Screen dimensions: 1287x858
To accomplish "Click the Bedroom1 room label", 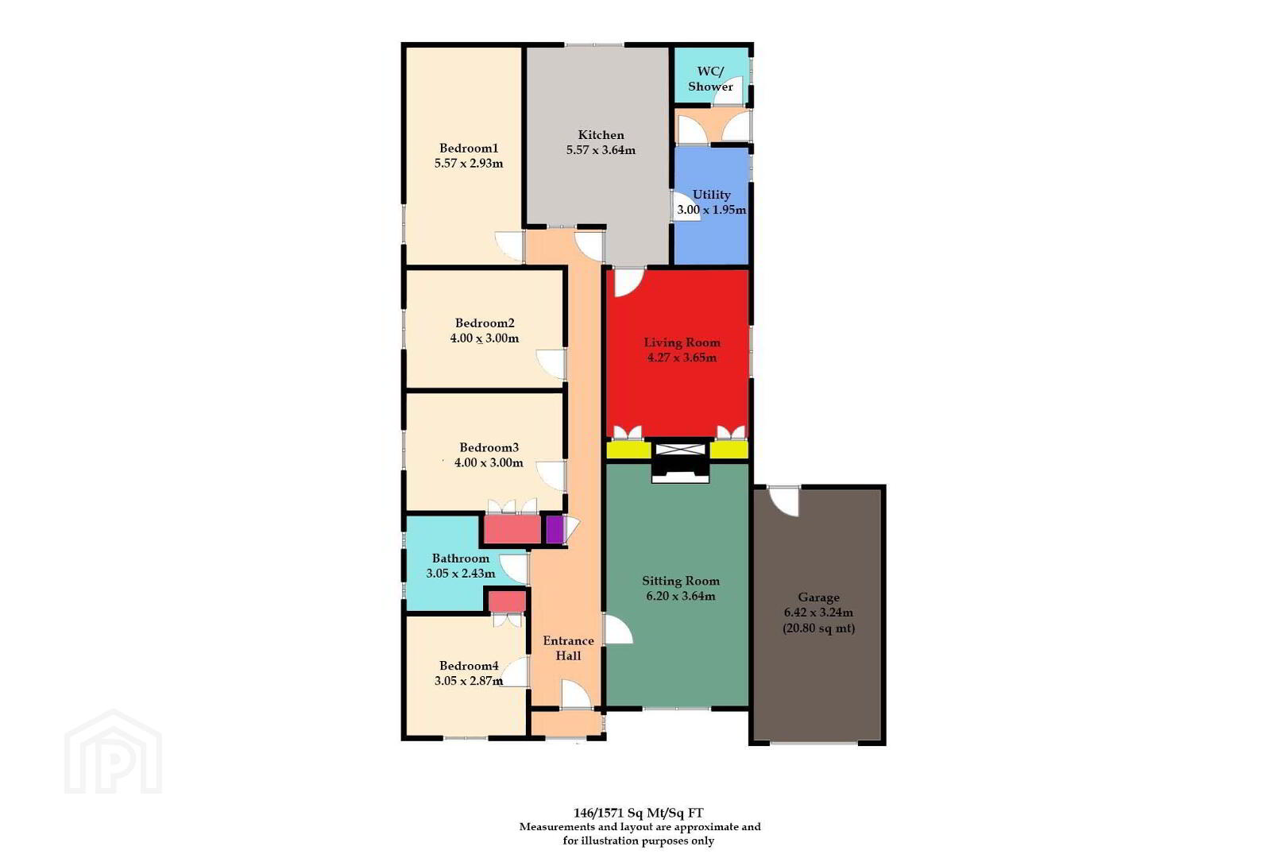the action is [468, 149].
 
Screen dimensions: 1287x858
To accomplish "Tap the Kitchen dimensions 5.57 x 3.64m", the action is [601, 150].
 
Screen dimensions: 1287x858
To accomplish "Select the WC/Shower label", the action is [711, 79].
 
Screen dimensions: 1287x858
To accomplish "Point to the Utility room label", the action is [711, 195].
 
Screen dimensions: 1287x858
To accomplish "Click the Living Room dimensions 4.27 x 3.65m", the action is [682, 357].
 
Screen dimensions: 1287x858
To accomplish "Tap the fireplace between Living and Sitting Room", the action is [680, 461].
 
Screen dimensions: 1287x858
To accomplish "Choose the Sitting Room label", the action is [681, 581].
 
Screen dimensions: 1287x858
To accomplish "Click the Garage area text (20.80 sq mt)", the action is [819, 628].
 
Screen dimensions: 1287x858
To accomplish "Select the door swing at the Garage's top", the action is [784, 502].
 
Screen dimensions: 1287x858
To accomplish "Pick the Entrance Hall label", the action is [568, 648].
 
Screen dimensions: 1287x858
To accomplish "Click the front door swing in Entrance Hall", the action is [576, 694].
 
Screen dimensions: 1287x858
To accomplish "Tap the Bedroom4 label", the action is [469, 666].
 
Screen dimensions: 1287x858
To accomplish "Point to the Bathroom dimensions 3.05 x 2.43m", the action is [461, 573].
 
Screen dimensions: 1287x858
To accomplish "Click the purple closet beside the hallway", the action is [554, 529].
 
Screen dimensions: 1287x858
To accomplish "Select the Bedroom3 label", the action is [489, 447].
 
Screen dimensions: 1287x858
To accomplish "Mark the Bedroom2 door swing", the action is [551, 364].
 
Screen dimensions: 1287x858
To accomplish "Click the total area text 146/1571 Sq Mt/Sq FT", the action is [638, 813].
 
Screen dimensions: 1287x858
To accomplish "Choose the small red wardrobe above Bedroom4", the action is [507, 601].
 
